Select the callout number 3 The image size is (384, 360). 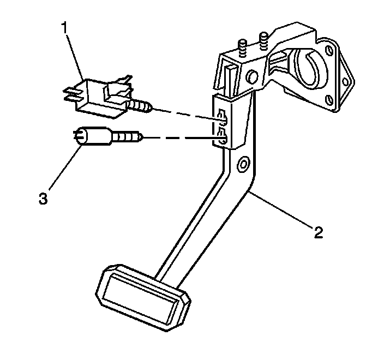tap(43, 197)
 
